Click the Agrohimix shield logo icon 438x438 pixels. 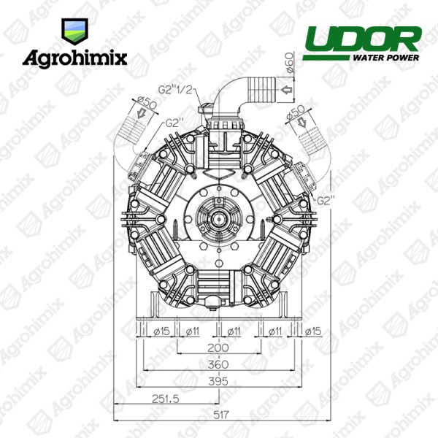click(x=74, y=31)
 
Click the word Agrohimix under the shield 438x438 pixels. click(x=75, y=58)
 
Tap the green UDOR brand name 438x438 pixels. click(x=363, y=39)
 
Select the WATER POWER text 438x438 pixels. click(x=385, y=58)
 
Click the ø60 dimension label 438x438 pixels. click(x=289, y=62)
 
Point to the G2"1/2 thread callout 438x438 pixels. click(x=176, y=90)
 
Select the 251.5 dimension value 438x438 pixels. click(x=166, y=399)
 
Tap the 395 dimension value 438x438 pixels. click(x=218, y=382)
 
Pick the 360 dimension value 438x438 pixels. click(x=218, y=364)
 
